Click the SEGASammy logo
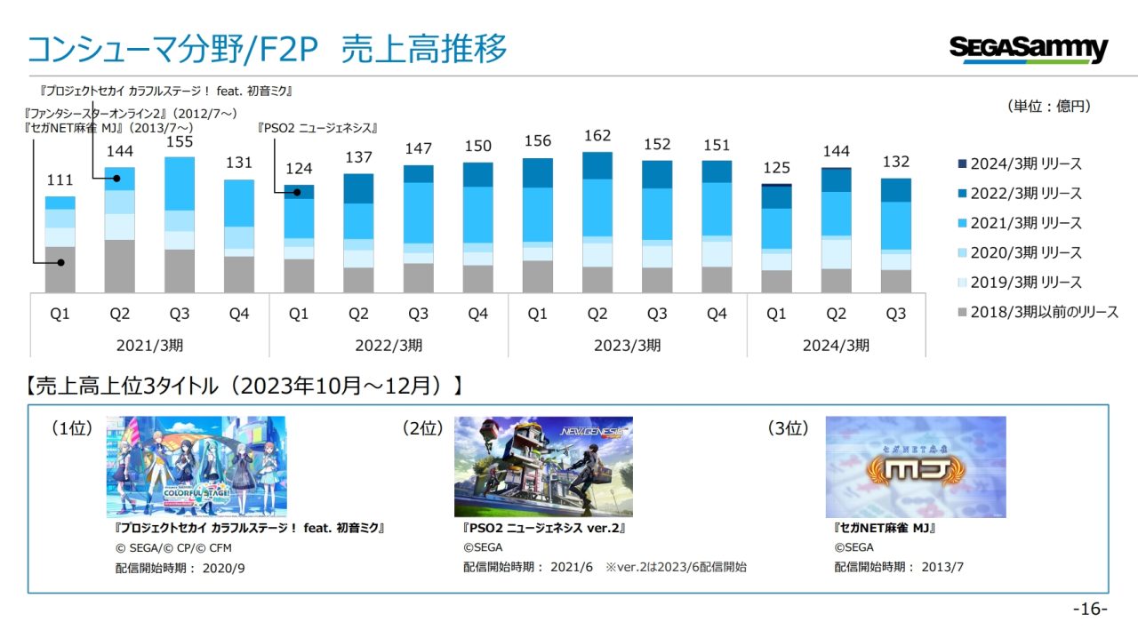click(x=1029, y=48)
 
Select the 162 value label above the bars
click(x=597, y=137)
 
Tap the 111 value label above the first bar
click(x=60, y=180)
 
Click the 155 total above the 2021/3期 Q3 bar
click(x=179, y=141)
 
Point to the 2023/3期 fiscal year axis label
click(x=628, y=345)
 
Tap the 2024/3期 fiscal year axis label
click(x=837, y=345)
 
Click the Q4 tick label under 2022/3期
click(x=478, y=314)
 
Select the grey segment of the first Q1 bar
click(x=60, y=269)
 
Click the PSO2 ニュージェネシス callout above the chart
click(x=317, y=128)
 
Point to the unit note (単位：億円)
click(x=1049, y=107)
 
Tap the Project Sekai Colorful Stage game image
click(x=196, y=467)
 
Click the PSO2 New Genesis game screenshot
click(x=543, y=467)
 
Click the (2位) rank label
click(x=422, y=428)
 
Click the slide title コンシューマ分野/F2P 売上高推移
click(x=267, y=50)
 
